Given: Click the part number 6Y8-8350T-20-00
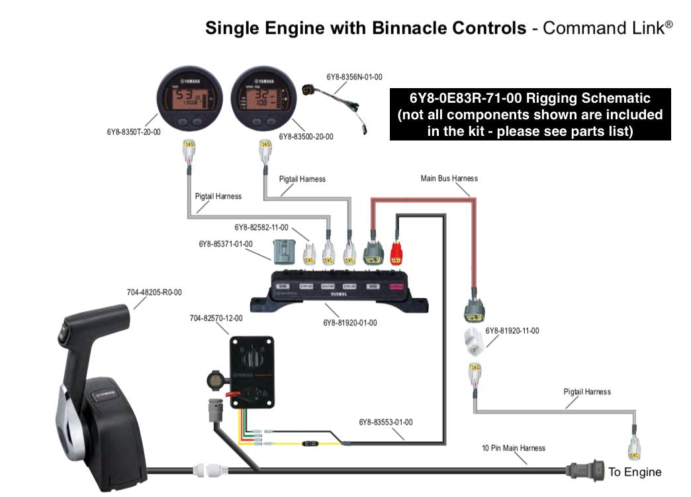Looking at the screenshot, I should pos(133,132).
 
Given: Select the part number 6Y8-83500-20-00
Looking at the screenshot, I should pos(306,137).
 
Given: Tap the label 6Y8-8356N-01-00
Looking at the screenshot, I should pos(354,78).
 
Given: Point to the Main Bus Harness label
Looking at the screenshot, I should pos(449,178).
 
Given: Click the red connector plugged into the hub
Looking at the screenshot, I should pos(396,253).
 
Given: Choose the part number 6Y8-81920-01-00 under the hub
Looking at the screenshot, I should pos(350,323).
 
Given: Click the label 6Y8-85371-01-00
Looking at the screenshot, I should pos(226,244).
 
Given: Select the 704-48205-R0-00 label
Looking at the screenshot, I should pos(154,292).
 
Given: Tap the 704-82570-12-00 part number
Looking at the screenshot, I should pos(216,318).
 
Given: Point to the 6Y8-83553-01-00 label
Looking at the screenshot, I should pos(386,421).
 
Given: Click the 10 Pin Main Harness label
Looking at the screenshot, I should pos(514,448).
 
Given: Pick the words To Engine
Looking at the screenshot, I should pos(635,472).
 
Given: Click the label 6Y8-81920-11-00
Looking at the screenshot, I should pos(512,331).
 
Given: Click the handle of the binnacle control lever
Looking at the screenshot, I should pos(93,315).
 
